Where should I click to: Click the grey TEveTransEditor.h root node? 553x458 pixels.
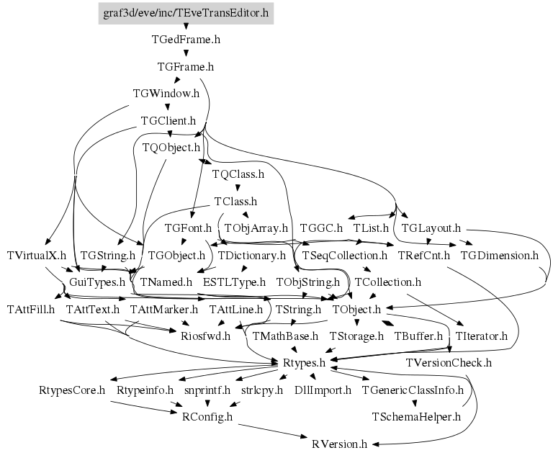tap(185, 13)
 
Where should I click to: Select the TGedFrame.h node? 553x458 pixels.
tap(186, 40)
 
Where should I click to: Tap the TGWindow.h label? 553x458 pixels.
tap(166, 94)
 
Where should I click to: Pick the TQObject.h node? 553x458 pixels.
tap(171, 148)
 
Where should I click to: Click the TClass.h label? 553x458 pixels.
tap(235, 202)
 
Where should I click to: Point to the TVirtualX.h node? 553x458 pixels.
tap(36, 255)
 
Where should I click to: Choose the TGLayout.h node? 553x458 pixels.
tap(431, 228)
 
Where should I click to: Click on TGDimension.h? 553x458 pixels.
tap(499, 255)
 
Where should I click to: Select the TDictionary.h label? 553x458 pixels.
tap(252, 255)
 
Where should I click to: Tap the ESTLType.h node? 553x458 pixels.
tap(234, 282)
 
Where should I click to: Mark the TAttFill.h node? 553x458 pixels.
tap(31, 309)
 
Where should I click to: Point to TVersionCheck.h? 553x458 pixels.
tap(449, 363)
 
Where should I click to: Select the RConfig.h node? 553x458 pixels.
tap(208, 416)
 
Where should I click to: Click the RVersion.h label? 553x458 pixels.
tap(340, 444)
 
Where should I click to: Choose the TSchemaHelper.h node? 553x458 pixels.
tap(415, 416)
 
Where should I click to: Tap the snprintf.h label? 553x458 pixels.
tap(207, 390)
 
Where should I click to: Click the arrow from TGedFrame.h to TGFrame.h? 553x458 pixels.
tap(186, 53)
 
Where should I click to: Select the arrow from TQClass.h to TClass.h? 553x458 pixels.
tap(237, 188)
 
